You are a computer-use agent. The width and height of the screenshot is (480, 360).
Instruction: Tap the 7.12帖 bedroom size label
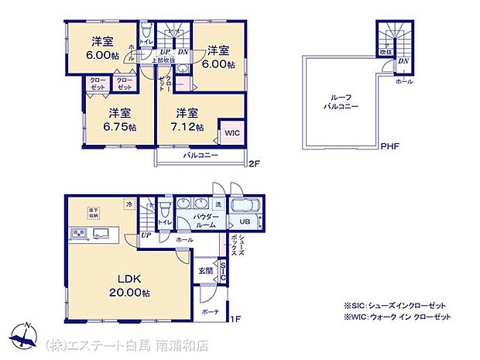click(x=189, y=128)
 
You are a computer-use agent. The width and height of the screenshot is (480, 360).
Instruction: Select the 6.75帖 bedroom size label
click(x=122, y=128)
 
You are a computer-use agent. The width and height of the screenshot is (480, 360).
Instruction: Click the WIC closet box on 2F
click(x=231, y=132)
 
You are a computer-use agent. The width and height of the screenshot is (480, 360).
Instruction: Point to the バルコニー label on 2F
click(x=200, y=156)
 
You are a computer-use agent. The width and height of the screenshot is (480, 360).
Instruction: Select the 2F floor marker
click(x=253, y=163)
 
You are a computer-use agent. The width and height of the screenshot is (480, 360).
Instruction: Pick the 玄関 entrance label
click(x=204, y=269)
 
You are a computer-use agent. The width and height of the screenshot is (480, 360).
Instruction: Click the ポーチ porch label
click(x=210, y=311)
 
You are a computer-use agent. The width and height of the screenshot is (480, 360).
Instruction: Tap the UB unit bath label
click(x=244, y=222)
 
